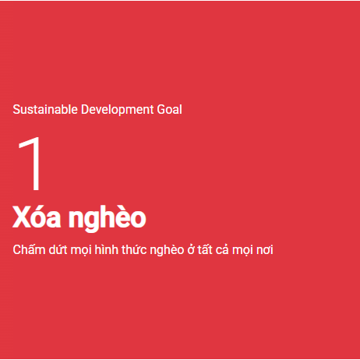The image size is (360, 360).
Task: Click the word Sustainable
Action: [x=45, y=109]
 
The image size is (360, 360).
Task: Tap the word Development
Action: [x=118, y=110]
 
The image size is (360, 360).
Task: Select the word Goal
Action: [x=169, y=109]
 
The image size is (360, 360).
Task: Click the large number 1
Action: [x=30, y=164]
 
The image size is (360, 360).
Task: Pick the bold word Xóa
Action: [x=37, y=217]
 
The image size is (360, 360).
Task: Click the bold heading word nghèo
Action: [x=107, y=217]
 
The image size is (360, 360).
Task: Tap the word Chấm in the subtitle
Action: [x=29, y=249]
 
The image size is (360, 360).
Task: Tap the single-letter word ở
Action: [x=192, y=250]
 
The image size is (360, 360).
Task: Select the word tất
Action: [x=205, y=249]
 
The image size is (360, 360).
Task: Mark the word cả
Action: [x=222, y=249]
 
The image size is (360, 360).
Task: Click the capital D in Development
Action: [x=85, y=109]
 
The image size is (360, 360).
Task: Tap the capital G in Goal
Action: [x=161, y=109]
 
